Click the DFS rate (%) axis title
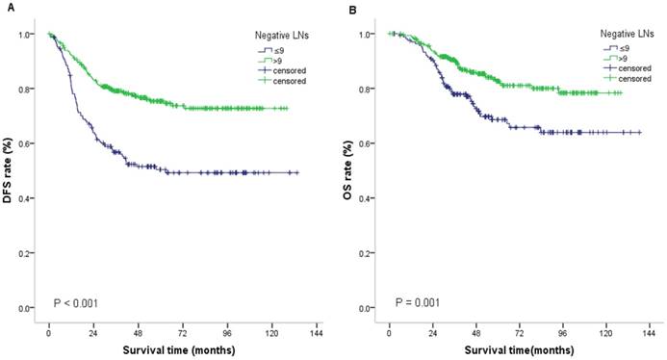pos(9,171)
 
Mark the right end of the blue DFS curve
pos(298,172)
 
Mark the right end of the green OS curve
pos(622,92)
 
